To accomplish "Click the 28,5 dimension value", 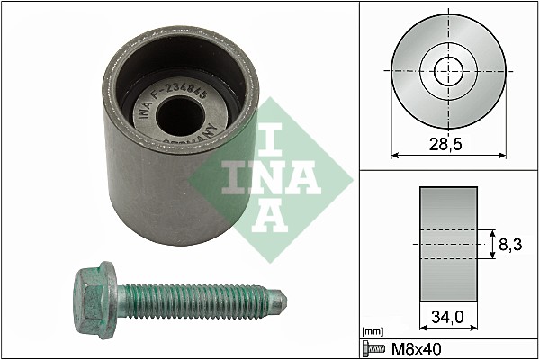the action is [445, 144].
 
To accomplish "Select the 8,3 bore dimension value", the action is [510, 245].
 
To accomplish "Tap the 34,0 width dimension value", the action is [447, 317].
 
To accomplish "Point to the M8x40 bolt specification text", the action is [417, 349].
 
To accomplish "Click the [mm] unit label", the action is [373, 331].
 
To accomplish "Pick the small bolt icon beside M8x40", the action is [374, 349].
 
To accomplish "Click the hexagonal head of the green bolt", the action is [90, 300].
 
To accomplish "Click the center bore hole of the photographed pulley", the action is [180, 116].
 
